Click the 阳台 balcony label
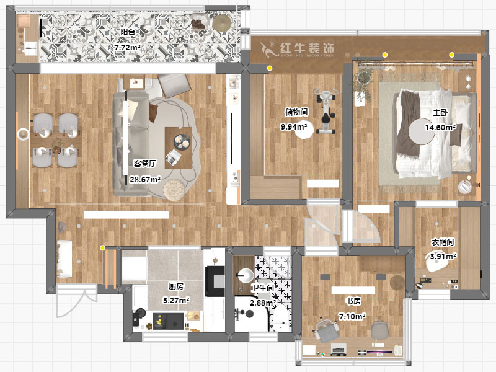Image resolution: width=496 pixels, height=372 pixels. [128, 32]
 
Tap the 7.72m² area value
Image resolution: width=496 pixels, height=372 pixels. [128, 48]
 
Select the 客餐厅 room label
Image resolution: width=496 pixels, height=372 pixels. [144, 164]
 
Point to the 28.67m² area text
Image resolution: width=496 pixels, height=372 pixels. [145, 180]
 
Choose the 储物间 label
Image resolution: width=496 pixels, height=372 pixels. [296, 112]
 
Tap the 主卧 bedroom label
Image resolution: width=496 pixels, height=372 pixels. [440, 113]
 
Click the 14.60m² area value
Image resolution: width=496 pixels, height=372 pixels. [440, 128]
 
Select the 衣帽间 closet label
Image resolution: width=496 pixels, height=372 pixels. [443, 242]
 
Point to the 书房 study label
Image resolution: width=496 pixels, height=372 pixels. [353, 301]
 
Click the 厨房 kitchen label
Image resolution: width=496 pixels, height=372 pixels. [176, 286]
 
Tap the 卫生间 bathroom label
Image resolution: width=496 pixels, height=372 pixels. [262, 288]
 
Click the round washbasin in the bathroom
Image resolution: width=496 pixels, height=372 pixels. [245, 275]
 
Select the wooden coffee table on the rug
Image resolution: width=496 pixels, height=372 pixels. [179, 148]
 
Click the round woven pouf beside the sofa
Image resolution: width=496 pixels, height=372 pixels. [174, 190]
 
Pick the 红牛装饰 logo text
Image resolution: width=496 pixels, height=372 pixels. [307, 48]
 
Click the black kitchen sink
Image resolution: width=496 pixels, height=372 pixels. [168, 321]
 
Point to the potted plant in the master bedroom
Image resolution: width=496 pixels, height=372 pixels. [363, 82]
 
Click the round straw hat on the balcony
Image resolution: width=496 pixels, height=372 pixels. [222, 22]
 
